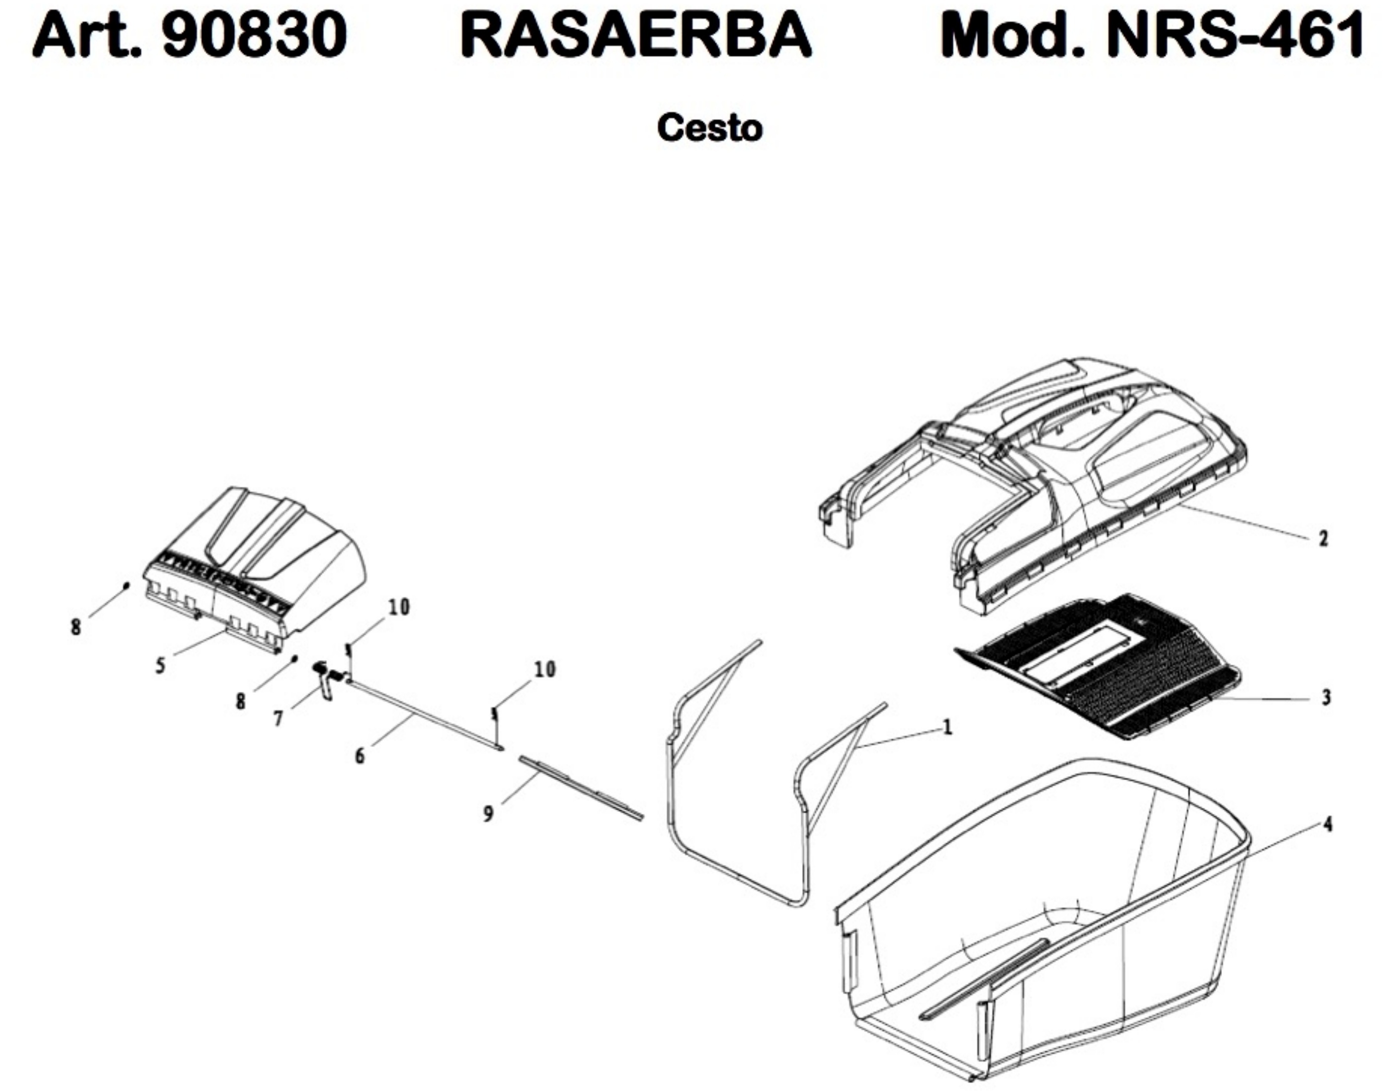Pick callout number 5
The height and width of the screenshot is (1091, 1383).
pos(160,665)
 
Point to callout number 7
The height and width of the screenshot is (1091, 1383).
pos(278,718)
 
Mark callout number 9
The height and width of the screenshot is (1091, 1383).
pos(488,814)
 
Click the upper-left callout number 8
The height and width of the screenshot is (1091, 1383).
pos(76,627)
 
